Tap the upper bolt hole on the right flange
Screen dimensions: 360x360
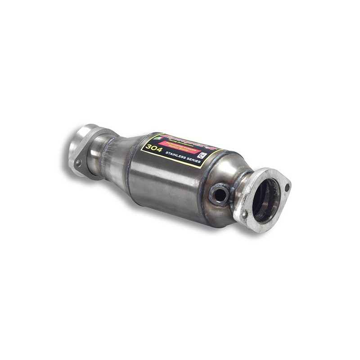[285, 185]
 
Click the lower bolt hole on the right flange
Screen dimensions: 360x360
[245, 215]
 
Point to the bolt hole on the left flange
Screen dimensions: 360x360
[78, 163]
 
